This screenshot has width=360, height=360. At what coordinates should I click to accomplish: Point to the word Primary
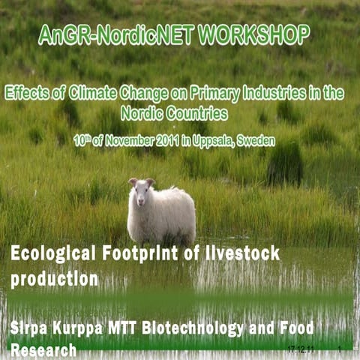[212, 94]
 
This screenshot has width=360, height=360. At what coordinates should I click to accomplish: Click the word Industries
[279, 94]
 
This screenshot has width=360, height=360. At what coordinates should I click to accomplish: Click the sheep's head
[139, 191]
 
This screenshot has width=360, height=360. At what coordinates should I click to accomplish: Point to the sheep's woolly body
[169, 217]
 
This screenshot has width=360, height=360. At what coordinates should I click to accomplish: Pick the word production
[54, 280]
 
